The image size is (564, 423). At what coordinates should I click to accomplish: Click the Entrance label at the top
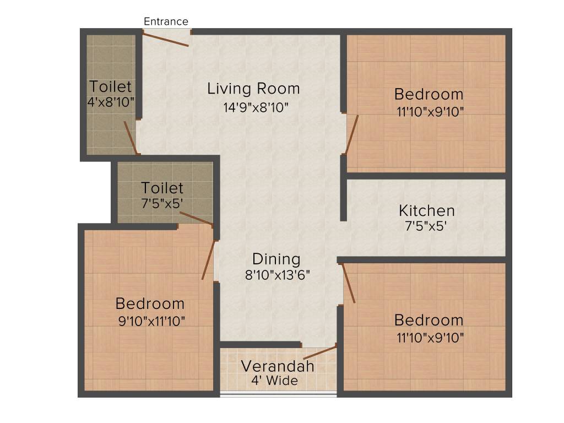[x=166, y=21]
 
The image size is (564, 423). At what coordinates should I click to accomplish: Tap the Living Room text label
[x=253, y=89]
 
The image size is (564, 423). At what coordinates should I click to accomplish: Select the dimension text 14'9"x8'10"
[x=256, y=107]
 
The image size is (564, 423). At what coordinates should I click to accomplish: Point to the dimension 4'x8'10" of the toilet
[x=111, y=102]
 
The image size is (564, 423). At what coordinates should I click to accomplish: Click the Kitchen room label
[x=427, y=210]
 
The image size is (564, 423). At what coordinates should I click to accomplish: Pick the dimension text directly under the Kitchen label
[x=427, y=225]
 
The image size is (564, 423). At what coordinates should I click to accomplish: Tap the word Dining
[x=276, y=259]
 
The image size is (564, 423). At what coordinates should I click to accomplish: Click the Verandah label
[x=278, y=366]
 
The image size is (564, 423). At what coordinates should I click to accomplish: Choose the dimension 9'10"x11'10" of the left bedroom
[x=151, y=321]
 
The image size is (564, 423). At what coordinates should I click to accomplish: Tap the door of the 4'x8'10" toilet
[x=130, y=138]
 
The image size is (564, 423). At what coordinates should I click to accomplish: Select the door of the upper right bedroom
[x=351, y=134]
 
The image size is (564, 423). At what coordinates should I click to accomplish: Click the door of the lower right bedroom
[x=348, y=283]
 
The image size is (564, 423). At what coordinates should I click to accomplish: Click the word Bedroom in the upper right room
[x=429, y=94]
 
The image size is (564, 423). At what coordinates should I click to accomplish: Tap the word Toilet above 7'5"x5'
[x=162, y=188]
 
